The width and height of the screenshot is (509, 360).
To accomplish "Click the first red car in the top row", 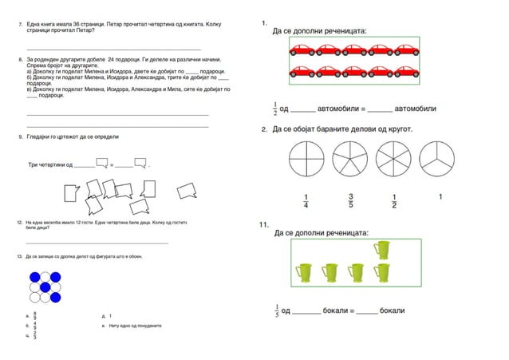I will coord(302,50).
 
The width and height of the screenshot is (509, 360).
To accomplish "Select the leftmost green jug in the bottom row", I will coord(303,274).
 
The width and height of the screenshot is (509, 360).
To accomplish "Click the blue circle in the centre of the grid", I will coord(45,287).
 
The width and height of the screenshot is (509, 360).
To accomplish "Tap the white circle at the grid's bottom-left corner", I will coord(35,298).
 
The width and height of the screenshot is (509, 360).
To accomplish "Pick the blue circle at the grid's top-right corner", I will coord(56,277).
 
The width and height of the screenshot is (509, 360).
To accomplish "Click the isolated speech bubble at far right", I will coord(187,192).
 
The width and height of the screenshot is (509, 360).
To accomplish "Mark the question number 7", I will coord(20,26).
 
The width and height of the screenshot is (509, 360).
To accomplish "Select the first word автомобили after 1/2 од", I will coord(336,109).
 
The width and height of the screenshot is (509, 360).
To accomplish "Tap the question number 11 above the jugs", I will coord(264,225).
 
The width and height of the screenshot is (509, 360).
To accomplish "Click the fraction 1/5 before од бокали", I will coord(276,310).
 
